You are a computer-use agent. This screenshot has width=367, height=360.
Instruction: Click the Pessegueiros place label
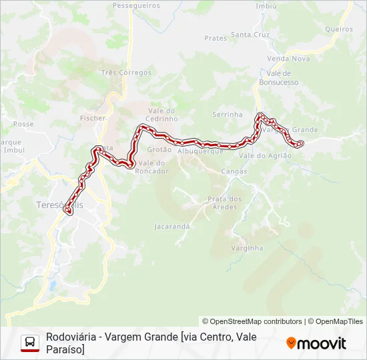137,5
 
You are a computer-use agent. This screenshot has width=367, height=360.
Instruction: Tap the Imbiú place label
266,5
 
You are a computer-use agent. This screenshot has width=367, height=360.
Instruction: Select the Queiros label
339,29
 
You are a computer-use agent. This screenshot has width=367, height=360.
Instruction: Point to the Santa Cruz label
250,34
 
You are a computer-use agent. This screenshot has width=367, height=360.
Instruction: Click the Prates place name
216,39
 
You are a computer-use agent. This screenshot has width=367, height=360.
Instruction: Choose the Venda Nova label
288,59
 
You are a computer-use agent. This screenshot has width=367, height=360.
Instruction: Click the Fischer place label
93,118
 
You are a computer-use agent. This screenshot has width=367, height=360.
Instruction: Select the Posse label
23,124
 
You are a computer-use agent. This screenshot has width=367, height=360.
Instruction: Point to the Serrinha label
228,115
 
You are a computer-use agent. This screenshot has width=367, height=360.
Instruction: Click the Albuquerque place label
200,152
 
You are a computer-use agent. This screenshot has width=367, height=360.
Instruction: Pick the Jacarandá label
172,227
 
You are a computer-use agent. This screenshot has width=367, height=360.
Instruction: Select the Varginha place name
247,248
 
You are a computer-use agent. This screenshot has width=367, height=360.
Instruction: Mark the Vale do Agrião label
266,155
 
